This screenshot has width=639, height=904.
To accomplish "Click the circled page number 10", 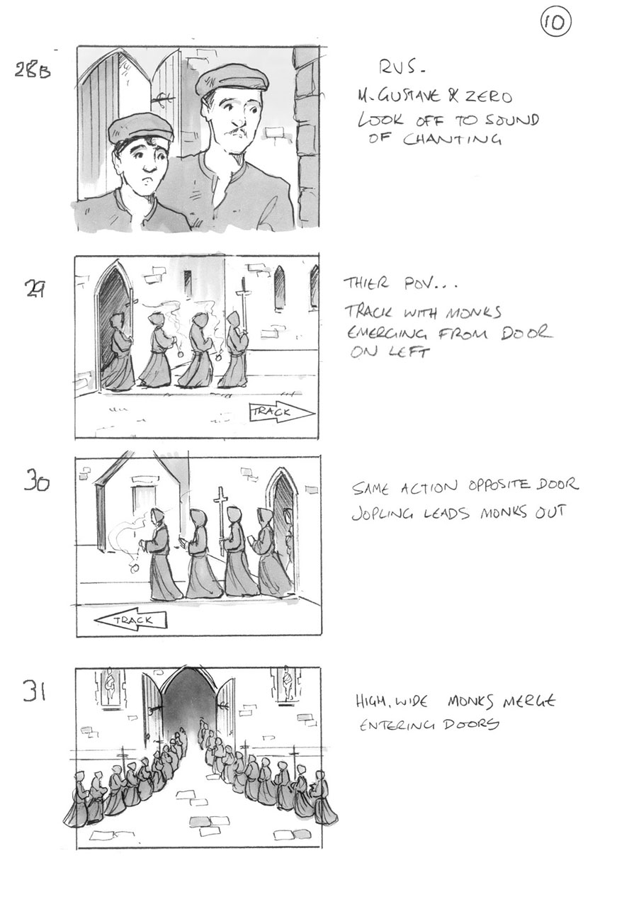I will [x=555, y=23].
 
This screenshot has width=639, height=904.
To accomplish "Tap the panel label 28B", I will [x=33, y=70].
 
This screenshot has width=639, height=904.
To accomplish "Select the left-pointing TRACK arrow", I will [x=130, y=621].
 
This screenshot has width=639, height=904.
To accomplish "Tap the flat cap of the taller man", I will [x=233, y=78].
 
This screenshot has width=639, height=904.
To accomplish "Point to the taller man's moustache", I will [x=239, y=132].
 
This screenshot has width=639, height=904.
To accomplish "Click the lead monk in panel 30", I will [x=161, y=556].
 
